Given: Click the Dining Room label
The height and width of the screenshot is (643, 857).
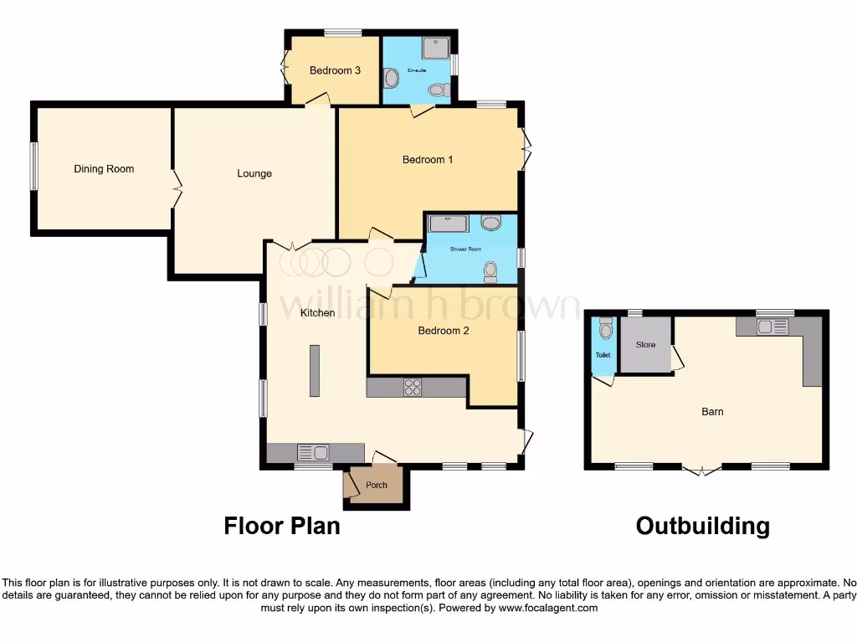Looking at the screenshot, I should [x=104, y=169].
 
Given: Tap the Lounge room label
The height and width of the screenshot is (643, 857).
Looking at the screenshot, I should [x=254, y=174].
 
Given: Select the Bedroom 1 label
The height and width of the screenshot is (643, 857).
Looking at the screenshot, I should [x=428, y=160].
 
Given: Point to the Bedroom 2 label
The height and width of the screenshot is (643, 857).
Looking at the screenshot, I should [x=444, y=331].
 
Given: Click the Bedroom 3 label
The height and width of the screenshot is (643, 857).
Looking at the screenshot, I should [x=335, y=71].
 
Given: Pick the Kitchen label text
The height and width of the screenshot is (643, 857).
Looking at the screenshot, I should [x=318, y=313].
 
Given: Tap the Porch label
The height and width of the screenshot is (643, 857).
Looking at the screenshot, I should [x=377, y=486].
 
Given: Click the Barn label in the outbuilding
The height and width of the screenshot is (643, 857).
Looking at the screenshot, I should [x=712, y=412].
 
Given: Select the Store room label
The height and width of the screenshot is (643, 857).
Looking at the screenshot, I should [x=645, y=345].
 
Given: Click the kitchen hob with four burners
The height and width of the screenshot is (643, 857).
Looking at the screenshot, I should [x=413, y=387].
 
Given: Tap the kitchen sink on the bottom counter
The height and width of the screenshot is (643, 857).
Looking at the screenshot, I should [x=313, y=453].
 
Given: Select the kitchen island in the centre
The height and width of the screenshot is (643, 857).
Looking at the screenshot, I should [x=315, y=371].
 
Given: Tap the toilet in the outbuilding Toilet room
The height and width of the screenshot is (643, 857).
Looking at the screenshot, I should [x=606, y=329].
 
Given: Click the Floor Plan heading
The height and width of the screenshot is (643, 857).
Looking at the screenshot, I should [x=282, y=526].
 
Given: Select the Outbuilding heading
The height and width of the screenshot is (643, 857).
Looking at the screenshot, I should [x=702, y=526].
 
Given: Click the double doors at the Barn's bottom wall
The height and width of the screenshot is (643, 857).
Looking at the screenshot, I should [x=700, y=470].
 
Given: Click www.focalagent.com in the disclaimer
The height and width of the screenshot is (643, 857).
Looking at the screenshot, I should [x=548, y=608].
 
